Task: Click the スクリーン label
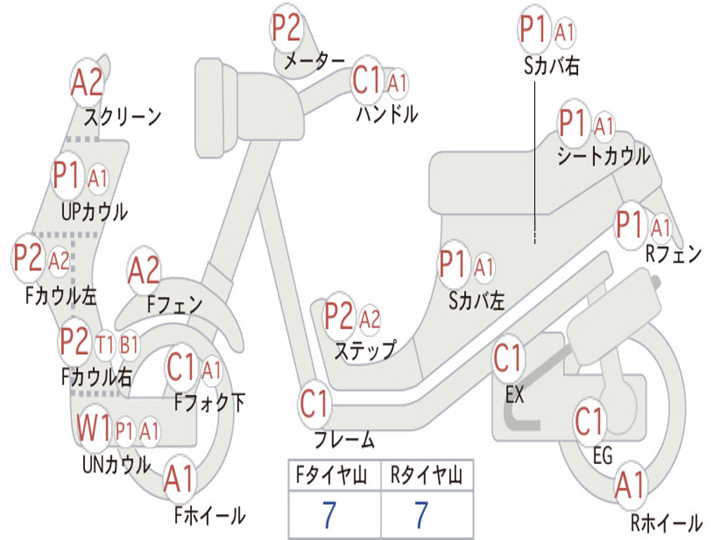(123, 116)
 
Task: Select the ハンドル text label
(387, 113)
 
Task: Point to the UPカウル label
(94, 212)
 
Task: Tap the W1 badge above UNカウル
(94, 429)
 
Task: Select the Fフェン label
(175, 305)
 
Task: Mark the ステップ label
(365, 349)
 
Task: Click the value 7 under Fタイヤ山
(329, 516)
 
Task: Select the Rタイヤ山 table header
(427, 477)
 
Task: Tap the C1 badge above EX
(508, 359)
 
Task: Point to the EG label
(603, 456)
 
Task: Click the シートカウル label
(603, 156)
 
